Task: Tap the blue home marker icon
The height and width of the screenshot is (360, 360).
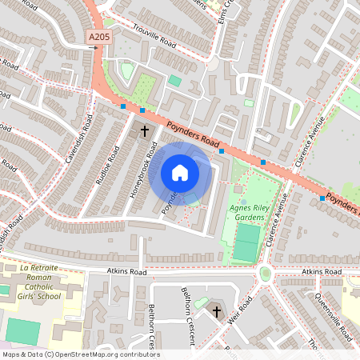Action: [x=180, y=173]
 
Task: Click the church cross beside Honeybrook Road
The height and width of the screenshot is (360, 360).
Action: [x=145, y=130]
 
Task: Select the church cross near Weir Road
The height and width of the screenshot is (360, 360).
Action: [x=216, y=310]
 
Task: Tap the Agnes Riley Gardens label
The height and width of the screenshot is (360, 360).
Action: [x=252, y=211]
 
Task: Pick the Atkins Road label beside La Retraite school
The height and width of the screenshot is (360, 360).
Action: [x=128, y=273]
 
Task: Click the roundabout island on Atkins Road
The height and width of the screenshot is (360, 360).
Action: [x=266, y=274]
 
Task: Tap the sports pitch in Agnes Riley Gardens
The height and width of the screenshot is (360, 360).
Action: [x=247, y=243]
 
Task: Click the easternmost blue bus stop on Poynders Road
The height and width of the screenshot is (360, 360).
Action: [x=322, y=198]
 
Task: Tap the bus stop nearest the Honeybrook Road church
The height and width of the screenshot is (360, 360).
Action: [x=142, y=110]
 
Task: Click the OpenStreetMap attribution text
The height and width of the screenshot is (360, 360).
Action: [x=80, y=354]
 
